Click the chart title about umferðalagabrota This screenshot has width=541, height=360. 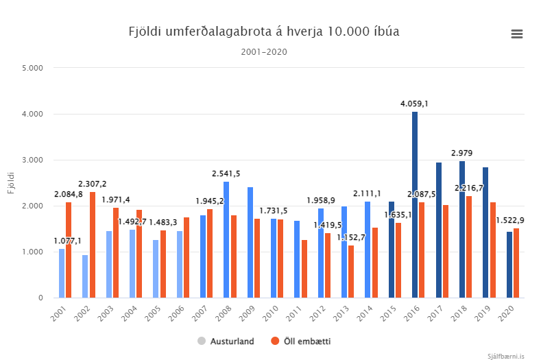(264, 32)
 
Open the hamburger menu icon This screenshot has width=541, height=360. (516, 34)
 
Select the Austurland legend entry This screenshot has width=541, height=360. (228, 341)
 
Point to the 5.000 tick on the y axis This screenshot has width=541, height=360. (32, 68)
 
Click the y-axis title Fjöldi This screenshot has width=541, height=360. (11, 183)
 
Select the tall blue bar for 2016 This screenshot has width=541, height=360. (415, 206)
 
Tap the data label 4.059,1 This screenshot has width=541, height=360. (414, 104)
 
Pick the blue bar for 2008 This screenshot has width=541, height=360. (226, 240)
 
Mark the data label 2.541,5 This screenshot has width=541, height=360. (226, 173)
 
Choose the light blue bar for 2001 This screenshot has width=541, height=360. (62, 274)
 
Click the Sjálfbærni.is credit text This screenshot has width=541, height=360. (506, 355)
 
